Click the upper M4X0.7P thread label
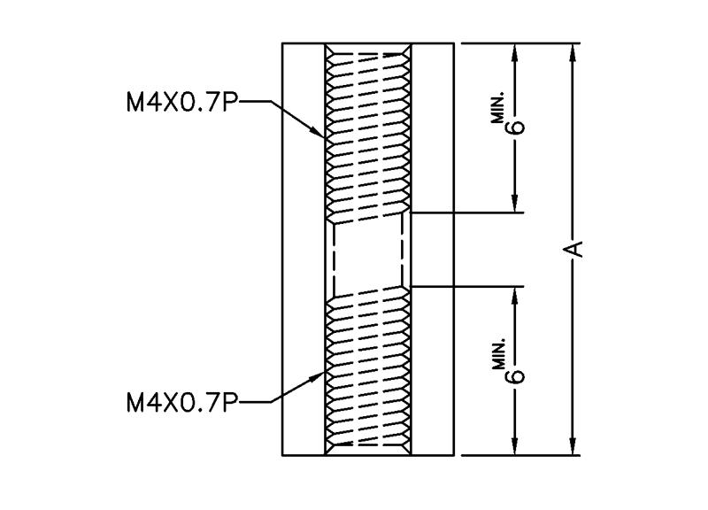pos(181,102)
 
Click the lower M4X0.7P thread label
pos(181,402)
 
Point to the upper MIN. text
pos(498,108)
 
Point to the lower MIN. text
pos(498,355)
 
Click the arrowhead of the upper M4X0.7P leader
pos(318,132)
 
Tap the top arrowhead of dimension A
pos(573,52)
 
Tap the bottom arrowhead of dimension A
pos(573,446)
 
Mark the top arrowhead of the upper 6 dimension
pos(515,52)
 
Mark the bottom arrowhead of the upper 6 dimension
pos(515,204)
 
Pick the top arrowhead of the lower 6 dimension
pos(515,295)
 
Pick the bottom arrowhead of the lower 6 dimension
pos(515,446)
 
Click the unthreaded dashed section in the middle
pos(368,255)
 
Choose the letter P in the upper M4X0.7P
pos(230,102)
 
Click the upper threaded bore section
pos(368,134)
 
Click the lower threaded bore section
pos(368,371)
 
